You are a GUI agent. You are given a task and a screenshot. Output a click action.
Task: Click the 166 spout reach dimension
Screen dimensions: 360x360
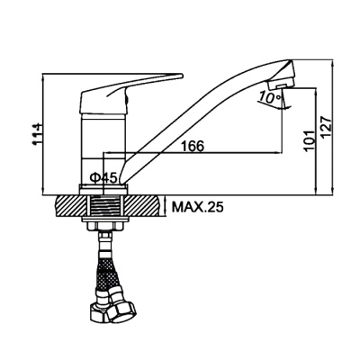coord(193,146)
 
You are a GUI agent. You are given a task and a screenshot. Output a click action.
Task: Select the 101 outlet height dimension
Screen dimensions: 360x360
coord(309,140)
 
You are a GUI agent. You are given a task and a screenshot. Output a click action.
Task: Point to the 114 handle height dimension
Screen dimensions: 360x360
coord(39,134)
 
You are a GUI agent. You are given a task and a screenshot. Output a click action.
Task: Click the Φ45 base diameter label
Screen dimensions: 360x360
coord(103,178)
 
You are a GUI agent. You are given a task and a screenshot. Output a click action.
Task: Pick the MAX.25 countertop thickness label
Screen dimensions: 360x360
coord(197,207)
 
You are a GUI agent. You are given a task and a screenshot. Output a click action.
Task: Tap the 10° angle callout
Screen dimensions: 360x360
coord(270,96)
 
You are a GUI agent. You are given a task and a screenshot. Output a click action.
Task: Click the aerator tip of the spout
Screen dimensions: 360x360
coord(281,85)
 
